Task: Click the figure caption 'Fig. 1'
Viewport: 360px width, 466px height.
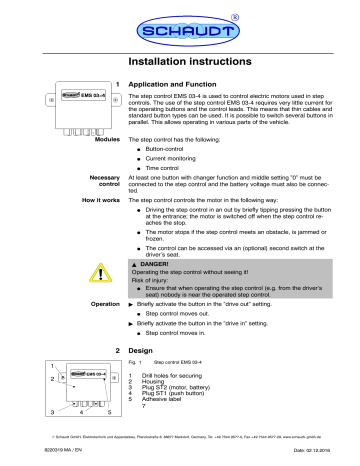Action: [138, 393]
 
